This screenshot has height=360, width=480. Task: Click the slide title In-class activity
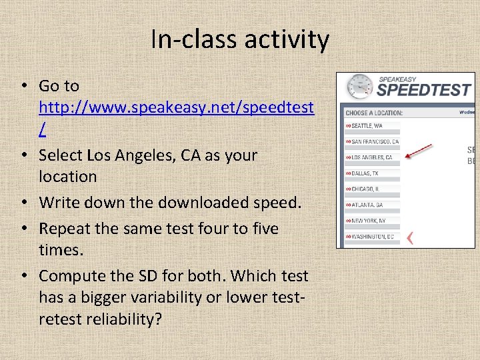click(240, 39)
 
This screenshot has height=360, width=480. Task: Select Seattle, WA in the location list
click(367, 125)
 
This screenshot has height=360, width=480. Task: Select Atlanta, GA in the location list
click(366, 205)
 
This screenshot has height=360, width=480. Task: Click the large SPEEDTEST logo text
click(424, 91)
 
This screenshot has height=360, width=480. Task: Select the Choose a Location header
click(374, 113)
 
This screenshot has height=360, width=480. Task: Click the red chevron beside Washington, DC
click(411, 237)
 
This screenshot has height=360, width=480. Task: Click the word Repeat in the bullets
click(62, 229)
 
